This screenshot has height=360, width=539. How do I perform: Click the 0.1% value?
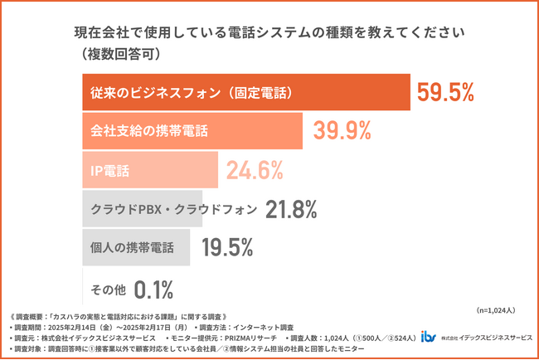click(153, 289)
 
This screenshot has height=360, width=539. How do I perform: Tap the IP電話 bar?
click(149, 171)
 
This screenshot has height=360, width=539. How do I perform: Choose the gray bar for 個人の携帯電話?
click(136, 248)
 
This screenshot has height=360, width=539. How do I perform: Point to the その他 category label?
click(108, 289)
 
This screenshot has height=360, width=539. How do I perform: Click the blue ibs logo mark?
click(428, 336)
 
